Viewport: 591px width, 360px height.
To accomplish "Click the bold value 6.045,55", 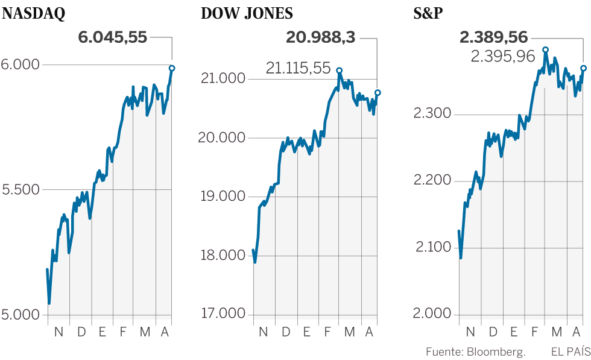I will point(113,37).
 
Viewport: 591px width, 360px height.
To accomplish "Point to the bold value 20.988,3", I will point(320,38).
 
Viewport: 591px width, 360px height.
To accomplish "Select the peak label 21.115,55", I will point(299,68).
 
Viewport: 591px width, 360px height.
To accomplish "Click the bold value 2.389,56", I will point(494,38).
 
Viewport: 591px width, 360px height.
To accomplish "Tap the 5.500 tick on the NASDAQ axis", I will point(21,189).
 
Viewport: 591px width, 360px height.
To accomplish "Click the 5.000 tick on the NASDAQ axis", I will point(21,315).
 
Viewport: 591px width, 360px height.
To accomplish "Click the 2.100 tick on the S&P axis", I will point(432,247).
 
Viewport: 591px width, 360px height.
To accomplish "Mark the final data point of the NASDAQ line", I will point(172,68).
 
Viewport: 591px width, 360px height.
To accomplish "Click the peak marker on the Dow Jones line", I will point(340,71).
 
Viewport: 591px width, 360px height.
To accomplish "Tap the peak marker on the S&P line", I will point(545,50).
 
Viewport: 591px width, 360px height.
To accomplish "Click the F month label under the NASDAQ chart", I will point(122,332).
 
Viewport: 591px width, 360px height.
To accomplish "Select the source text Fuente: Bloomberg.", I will point(476,352).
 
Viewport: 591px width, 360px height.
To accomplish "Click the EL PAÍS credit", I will point(569,352).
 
